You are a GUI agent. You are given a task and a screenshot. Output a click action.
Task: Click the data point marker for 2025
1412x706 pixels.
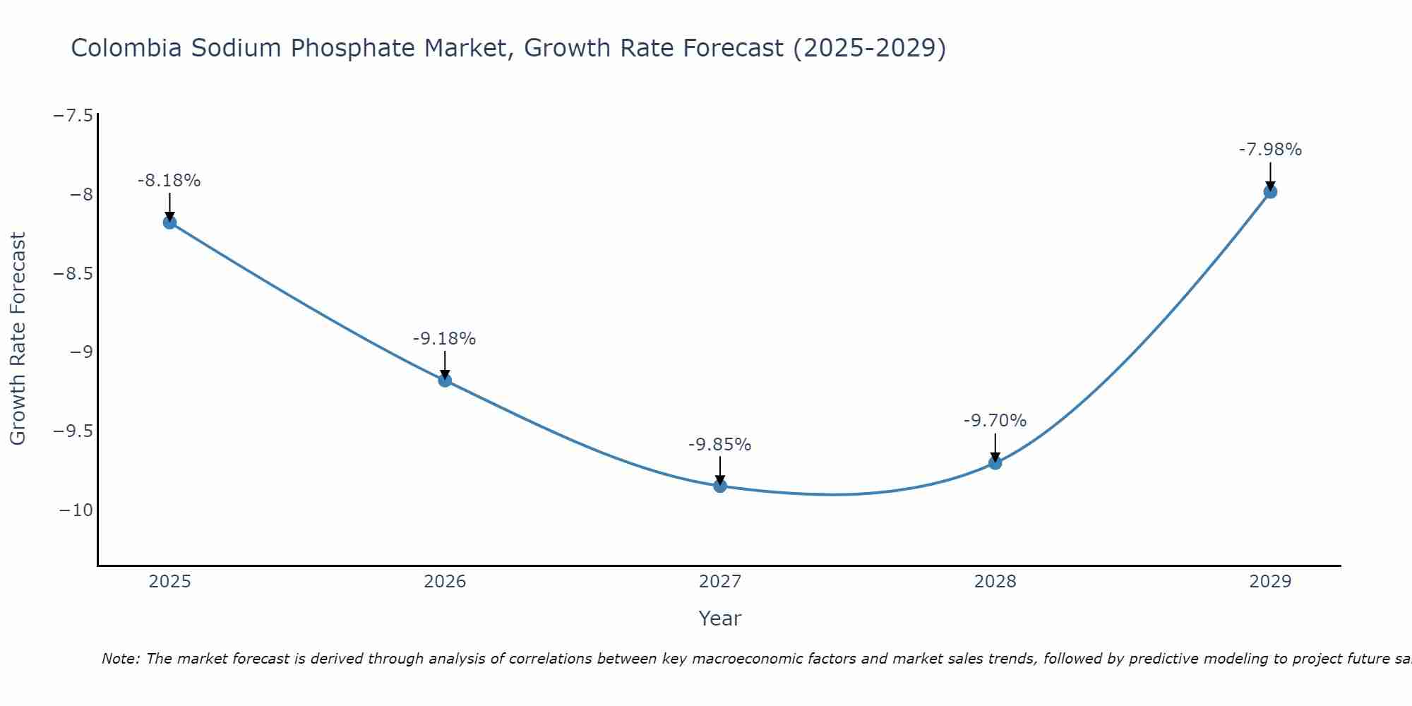(x=169, y=222)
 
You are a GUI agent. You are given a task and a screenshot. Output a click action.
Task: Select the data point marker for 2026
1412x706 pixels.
(x=445, y=381)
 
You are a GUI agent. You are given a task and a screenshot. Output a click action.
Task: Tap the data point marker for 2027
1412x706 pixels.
(x=720, y=486)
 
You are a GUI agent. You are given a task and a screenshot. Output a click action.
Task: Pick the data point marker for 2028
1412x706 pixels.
(x=995, y=463)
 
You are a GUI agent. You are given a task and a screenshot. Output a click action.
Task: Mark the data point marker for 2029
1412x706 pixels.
(x=1270, y=191)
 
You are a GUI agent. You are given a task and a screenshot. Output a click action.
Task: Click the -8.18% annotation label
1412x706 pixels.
(x=169, y=181)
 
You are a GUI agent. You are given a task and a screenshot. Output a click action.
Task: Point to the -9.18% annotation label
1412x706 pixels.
(x=444, y=339)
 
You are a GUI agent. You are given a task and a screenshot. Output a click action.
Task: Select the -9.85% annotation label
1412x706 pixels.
(x=719, y=445)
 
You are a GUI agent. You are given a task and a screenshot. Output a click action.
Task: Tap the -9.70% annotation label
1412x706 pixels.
(x=995, y=421)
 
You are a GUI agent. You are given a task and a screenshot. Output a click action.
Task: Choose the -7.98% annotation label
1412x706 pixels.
(x=1270, y=150)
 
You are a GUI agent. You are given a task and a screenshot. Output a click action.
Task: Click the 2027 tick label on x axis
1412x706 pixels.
(x=720, y=582)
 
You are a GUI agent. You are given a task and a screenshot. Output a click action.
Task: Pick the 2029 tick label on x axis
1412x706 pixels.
(x=1270, y=582)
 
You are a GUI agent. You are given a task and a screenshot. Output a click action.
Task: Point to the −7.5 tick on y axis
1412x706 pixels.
(x=73, y=116)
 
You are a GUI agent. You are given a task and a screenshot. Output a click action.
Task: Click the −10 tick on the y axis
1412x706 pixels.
(x=76, y=510)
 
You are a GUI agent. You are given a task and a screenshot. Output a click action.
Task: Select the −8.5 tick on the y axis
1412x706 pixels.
(x=73, y=274)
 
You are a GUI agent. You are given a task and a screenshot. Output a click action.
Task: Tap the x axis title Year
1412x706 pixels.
(x=719, y=618)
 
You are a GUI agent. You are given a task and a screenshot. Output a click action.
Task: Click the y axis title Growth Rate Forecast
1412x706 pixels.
(x=18, y=339)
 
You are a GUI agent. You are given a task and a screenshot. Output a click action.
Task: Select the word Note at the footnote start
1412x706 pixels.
(x=121, y=659)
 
